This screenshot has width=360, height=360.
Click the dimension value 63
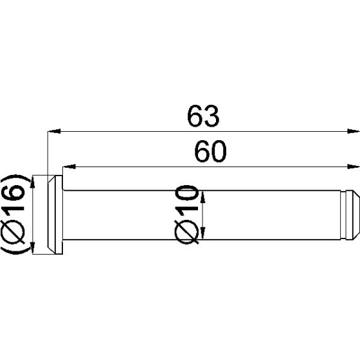(x=204, y=116)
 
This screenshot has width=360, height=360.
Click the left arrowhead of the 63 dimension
(x=54, y=132)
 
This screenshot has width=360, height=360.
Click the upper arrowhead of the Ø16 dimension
(x=32, y=181)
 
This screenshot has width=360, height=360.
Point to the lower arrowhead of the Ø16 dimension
(x=32, y=248)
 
